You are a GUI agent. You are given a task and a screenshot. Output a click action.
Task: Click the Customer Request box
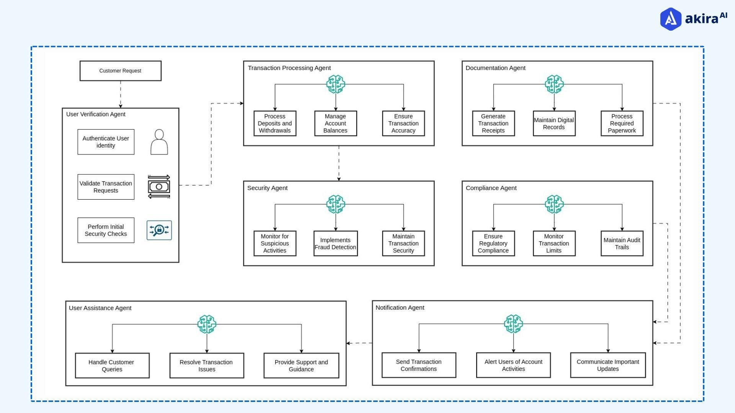point(120,71)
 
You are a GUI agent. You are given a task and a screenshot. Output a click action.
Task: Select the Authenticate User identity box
point(106,142)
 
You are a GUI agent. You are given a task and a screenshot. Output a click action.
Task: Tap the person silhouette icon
point(159,142)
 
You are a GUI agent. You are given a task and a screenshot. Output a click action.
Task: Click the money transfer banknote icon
point(159,187)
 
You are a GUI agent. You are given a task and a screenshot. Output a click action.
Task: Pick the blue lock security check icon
point(159,230)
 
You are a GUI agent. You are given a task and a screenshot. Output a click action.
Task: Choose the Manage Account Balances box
point(335,123)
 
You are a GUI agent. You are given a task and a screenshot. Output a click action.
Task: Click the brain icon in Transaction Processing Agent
point(336,84)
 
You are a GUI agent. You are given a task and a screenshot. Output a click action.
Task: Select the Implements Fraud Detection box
point(335,243)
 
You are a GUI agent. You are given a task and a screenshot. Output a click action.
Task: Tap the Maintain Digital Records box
point(554,123)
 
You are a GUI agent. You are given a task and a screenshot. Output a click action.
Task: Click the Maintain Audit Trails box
point(622,243)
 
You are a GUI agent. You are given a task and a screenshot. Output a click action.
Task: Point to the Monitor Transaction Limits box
point(554,243)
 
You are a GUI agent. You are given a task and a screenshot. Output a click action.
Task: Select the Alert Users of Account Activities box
point(513,365)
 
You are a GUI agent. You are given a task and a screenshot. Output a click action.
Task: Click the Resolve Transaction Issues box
point(207,366)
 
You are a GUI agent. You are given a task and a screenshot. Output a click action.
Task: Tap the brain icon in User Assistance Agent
point(207,324)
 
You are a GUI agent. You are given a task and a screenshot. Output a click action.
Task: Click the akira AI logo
point(693,18)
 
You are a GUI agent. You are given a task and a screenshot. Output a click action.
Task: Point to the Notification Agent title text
point(400,307)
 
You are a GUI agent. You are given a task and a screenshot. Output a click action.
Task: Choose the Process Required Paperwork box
point(622,123)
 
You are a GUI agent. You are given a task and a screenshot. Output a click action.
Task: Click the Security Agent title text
point(267,188)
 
